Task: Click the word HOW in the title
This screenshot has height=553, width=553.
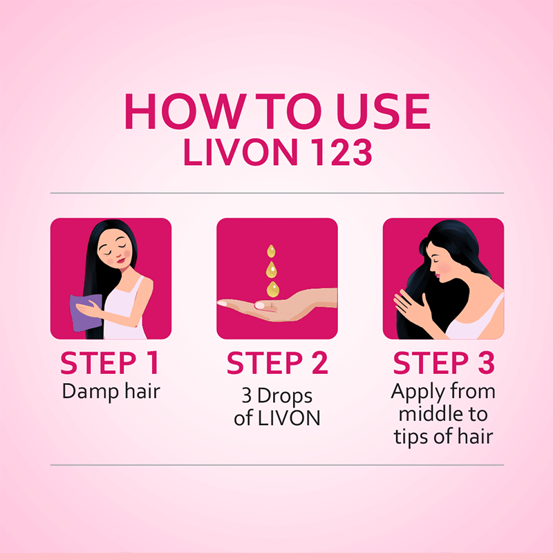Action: [185, 111]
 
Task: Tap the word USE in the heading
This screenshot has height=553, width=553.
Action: [384, 111]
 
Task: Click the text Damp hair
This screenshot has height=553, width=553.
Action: [111, 391]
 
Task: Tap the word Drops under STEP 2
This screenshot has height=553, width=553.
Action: [285, 396]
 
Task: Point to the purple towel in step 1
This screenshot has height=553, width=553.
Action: [86, 312]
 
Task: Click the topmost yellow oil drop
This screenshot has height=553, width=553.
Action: [271, 251]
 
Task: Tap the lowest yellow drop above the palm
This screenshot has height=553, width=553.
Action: [273, 290]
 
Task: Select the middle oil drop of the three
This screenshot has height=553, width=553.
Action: [271, 270]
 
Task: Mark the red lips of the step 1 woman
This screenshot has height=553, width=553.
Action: [120, 261]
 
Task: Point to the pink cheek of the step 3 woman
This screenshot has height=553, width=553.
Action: [443, 269]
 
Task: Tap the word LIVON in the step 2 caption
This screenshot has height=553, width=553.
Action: [289, 418]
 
